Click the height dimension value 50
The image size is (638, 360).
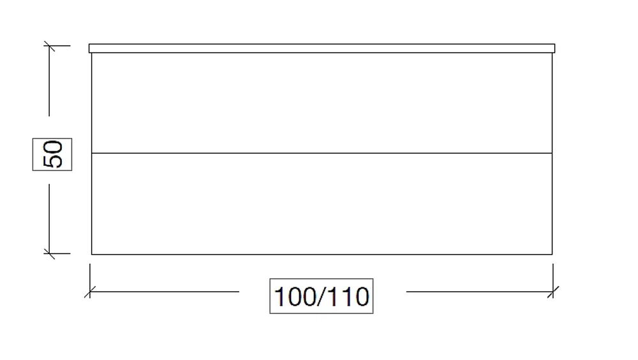coord(52,154)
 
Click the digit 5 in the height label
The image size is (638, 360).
coord(52,161)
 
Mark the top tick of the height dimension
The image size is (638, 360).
coord(49,46)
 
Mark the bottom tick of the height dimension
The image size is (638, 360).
coord(49,253)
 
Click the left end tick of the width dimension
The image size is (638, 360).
coord(90,292)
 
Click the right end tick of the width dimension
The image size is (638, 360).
coord(553,292)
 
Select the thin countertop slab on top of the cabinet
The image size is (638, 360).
coord(322,49)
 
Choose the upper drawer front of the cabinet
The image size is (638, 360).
coord(322,103)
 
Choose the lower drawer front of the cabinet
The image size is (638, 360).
coord(322,204)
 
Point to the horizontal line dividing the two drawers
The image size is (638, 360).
coord(322,153)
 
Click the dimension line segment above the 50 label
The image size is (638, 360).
coord(49,81)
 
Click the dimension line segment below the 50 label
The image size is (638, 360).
coord(49,219)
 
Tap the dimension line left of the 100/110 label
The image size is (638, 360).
coord(165,292)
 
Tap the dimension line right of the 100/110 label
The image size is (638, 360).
coord(480,292)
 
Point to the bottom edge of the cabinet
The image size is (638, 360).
coord(322,254)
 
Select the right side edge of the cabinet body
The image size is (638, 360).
coord(552,154)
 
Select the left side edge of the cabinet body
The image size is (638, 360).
coord(91,154)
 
